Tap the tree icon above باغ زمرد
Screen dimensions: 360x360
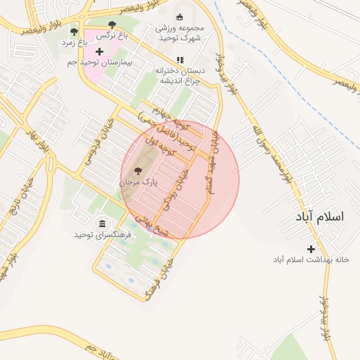point(74,32)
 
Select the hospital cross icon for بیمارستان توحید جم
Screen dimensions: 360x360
point(99,51)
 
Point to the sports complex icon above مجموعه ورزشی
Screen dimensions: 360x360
point(179,18)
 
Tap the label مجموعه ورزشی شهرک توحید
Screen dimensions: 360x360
point(179,33)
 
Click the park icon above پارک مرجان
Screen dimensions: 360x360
point(137,170)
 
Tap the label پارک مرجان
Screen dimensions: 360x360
point(138,181)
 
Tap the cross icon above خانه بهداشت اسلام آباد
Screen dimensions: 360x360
point(311,249)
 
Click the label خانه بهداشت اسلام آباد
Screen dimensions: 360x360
point(311,259)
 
